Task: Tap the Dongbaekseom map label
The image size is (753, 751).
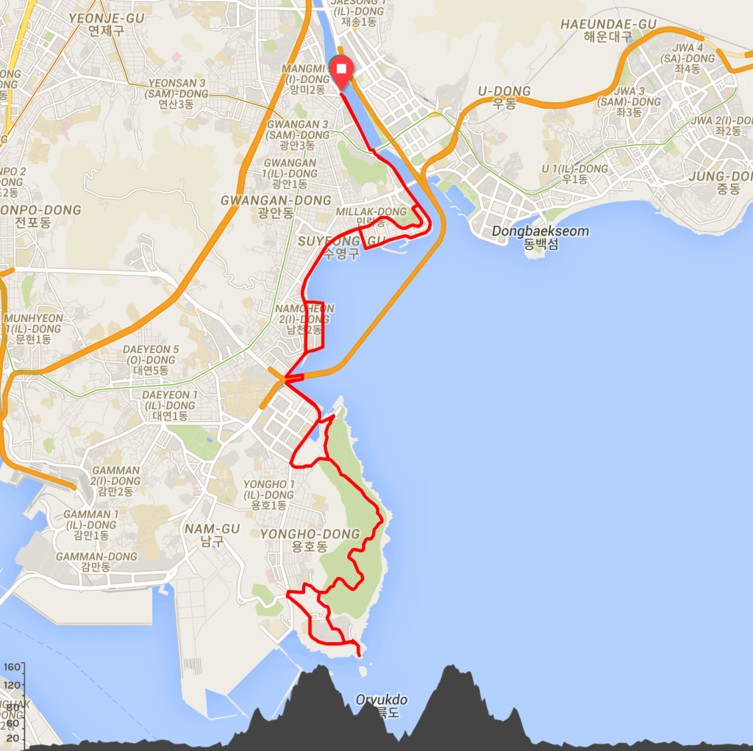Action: tap(540, 232)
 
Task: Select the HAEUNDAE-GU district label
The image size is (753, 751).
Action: tap(608, 24)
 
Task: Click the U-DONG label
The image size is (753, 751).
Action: tap(504, 91)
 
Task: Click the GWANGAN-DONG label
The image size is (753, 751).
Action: tap(276, 201)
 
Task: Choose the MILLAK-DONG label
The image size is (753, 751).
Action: tap(371, 212)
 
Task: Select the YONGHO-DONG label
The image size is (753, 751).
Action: tap(310, 534)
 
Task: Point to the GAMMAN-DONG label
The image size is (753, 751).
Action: tap(96, 556)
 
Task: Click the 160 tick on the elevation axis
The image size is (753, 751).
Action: tap(12, 668)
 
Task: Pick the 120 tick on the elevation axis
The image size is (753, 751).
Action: tap(12, 686)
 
